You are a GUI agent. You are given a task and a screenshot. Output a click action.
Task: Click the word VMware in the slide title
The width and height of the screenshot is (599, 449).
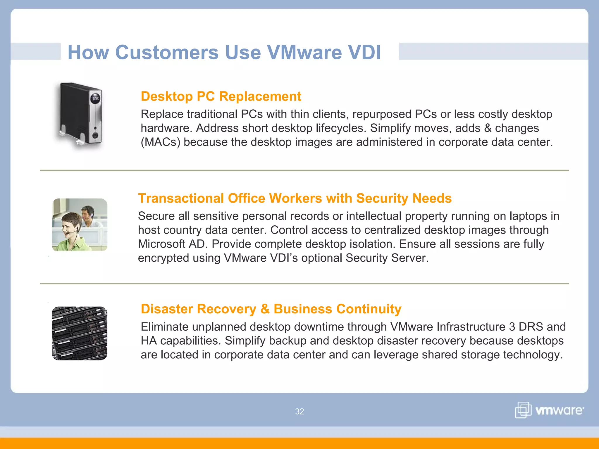(x=304, y=53)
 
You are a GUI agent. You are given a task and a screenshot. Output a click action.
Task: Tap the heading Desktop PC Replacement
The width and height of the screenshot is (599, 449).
(x=221, y=96)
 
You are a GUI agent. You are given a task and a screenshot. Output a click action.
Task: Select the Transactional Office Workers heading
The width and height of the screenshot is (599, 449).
(x=295, y=198)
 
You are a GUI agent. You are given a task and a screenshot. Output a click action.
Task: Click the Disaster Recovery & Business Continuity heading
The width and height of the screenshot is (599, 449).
(x=271, y=309)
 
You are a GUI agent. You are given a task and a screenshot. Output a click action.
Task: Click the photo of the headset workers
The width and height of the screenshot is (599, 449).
(x=80, y=224)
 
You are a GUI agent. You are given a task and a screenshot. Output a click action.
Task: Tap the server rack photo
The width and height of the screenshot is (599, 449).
(x=80, y=333)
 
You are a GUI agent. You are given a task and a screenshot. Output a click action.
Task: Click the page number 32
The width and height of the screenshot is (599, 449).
(x=299, y=412)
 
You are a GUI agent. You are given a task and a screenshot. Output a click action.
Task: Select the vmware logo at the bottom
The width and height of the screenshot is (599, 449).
(x=549, y=410)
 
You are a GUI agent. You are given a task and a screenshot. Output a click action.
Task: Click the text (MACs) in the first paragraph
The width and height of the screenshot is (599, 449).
(x=160, y=142)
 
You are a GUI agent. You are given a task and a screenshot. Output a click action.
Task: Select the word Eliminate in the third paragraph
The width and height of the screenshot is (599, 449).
(x=164, y=327)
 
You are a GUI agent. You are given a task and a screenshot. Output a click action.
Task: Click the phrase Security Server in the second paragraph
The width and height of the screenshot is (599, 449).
(x=386, y=258)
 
